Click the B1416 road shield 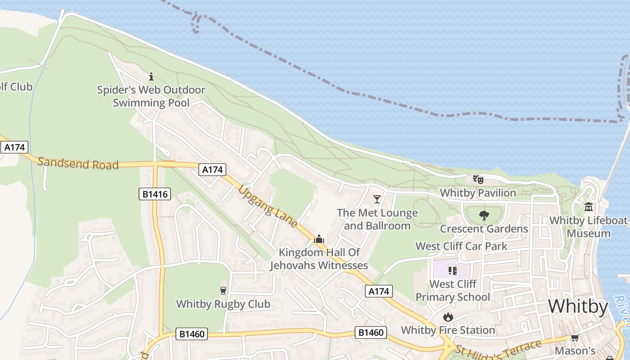pos(154,194)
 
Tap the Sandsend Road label pos(78,163)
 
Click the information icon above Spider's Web pos(151,76)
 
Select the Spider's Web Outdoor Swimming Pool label pos(151,96)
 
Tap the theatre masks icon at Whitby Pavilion pos(478,180)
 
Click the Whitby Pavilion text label pos(478,193)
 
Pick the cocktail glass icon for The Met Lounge pos(377,199)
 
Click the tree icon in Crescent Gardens pos(484,216)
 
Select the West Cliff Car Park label pos(461,246)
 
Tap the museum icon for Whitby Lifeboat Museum pos(589,207)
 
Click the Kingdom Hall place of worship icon pos(319,239)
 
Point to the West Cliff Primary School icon pos(453,270)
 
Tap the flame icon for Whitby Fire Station pos(448,317)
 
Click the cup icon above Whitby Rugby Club pos(223,290)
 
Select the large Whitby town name pos(578,306)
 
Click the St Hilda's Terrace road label pos(498,351)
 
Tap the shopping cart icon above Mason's pos(575,337)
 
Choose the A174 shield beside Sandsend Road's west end pos(14,147)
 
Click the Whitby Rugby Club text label pos(223,304)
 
